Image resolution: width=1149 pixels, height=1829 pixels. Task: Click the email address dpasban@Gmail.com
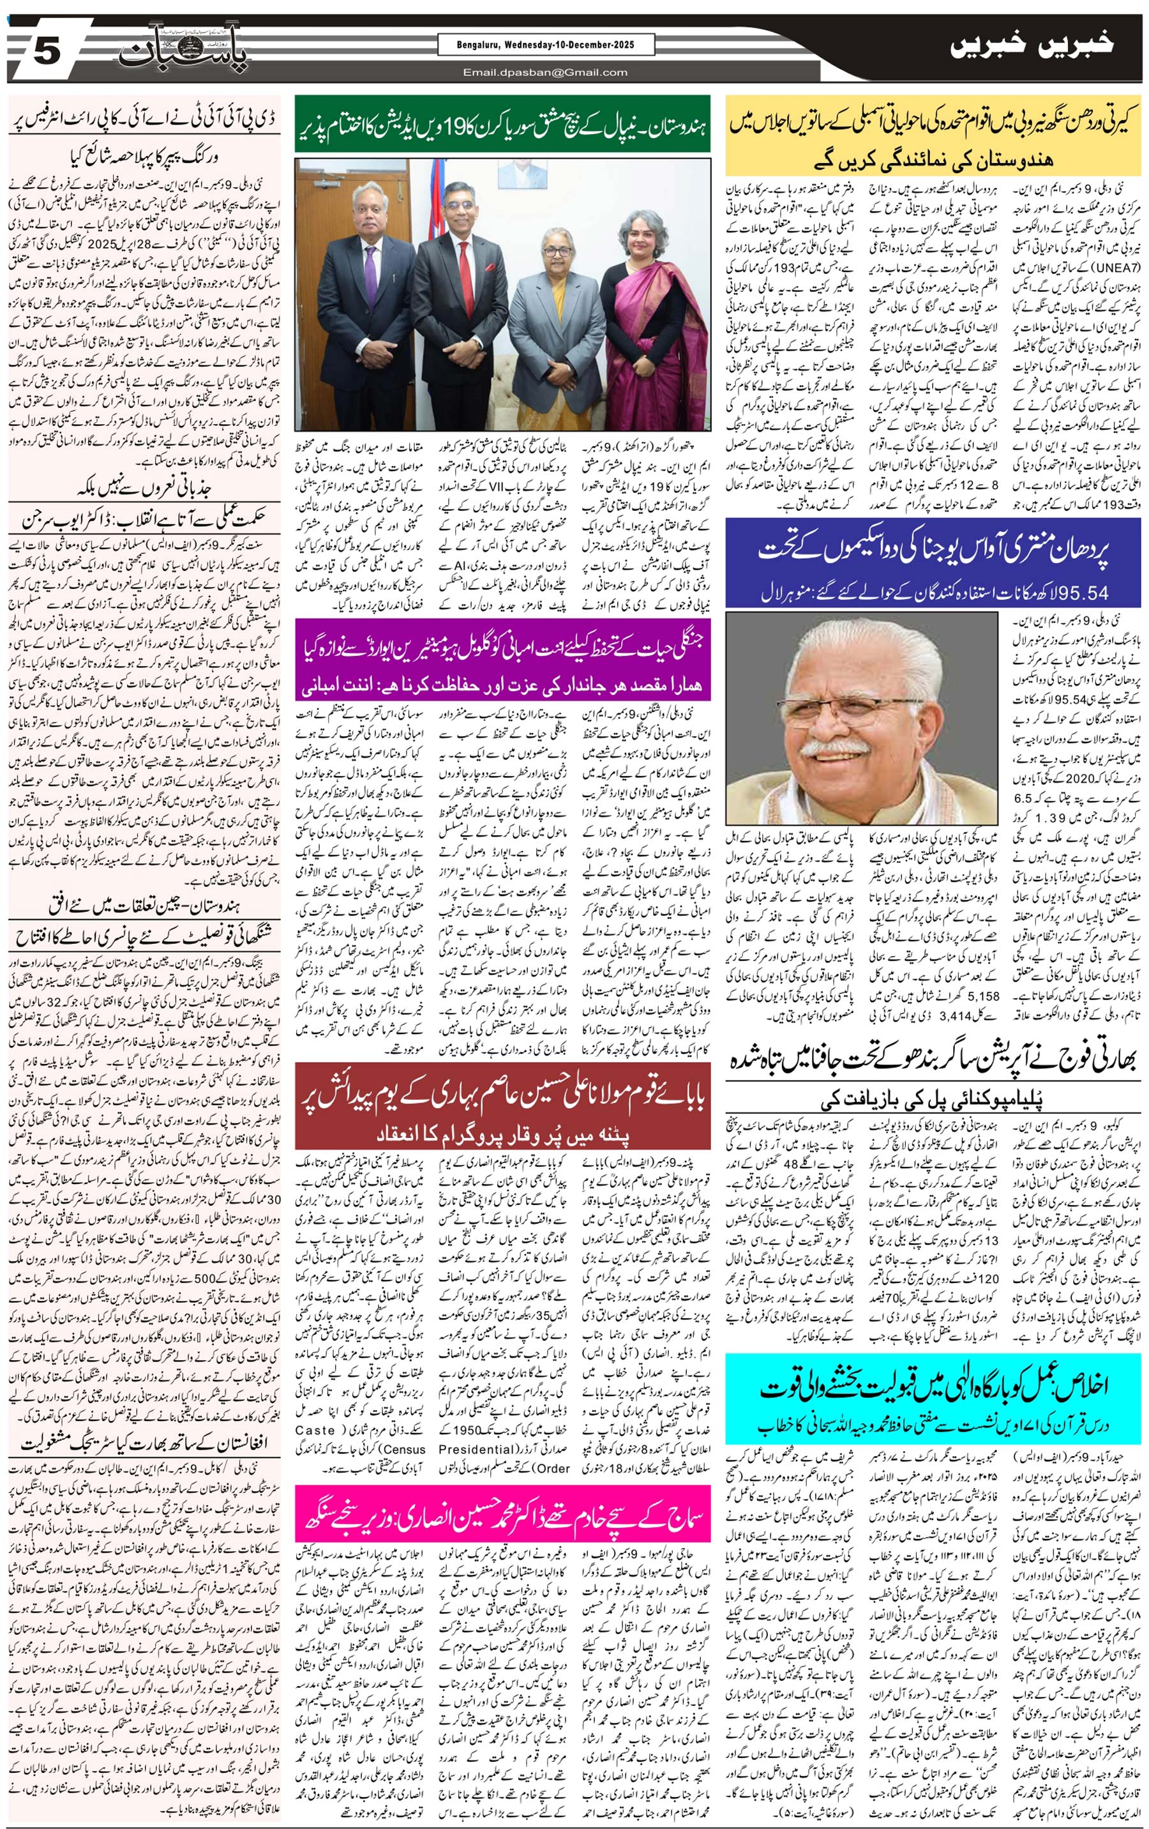coord(545,72)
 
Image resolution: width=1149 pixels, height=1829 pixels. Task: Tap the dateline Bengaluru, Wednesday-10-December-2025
coord(545,45)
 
